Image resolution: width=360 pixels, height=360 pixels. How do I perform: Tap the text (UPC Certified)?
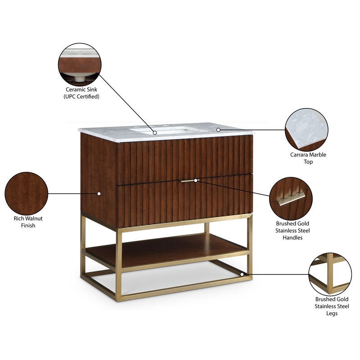click(x=81, y=96)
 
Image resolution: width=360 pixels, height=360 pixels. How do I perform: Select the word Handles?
click(x=293, y=237)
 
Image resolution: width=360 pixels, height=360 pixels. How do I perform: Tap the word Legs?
click(x=331, y=313)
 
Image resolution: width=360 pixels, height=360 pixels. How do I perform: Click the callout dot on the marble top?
click(x=219, y=130)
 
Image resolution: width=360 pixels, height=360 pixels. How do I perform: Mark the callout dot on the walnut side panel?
click(x=99, y=193)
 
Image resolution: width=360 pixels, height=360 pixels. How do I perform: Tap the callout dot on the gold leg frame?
click(x=243, y=274)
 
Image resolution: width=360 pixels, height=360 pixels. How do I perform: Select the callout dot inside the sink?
click(x=154, y=132)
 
